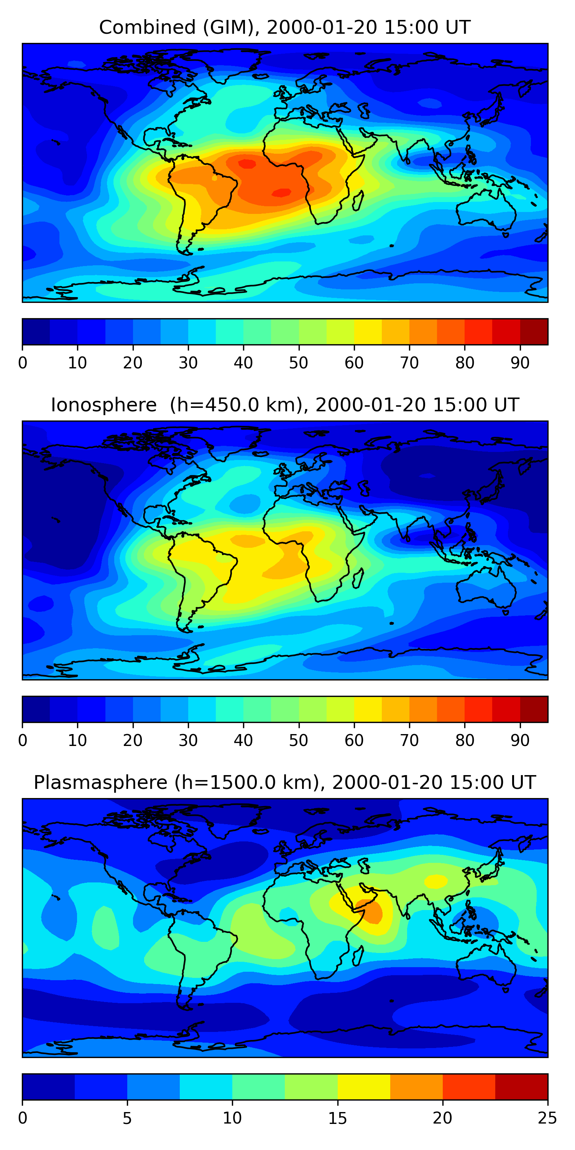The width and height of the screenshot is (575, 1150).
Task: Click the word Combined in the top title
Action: (x=147, y=27)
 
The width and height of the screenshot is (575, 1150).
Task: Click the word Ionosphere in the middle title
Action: (x=103, y=405)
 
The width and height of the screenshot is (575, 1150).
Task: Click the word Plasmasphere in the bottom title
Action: (x=100, y=783)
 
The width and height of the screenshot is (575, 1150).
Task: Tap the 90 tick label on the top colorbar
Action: (x=520, y=363)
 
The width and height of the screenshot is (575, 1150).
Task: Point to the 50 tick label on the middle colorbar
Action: (x=299, y=740)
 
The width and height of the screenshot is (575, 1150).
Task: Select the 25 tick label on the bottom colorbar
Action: (x=547, y=1118)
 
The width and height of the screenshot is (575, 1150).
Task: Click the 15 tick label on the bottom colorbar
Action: (x=337, y=1118)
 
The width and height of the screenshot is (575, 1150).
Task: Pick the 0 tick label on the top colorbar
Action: (x=23, y=363)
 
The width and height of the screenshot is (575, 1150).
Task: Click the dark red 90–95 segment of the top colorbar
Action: (x=534, y=332)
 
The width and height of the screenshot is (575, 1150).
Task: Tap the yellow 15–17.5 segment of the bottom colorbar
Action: (x=364, y=1087)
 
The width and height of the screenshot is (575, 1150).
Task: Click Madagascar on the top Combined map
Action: (x=358, y=201)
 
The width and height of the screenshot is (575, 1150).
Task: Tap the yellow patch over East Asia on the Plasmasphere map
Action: (x=436, y=881)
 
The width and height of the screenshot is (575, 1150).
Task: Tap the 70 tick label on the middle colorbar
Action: (x=409, y=740)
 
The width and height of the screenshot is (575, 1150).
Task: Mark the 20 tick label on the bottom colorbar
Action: (x=442, y=1118)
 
